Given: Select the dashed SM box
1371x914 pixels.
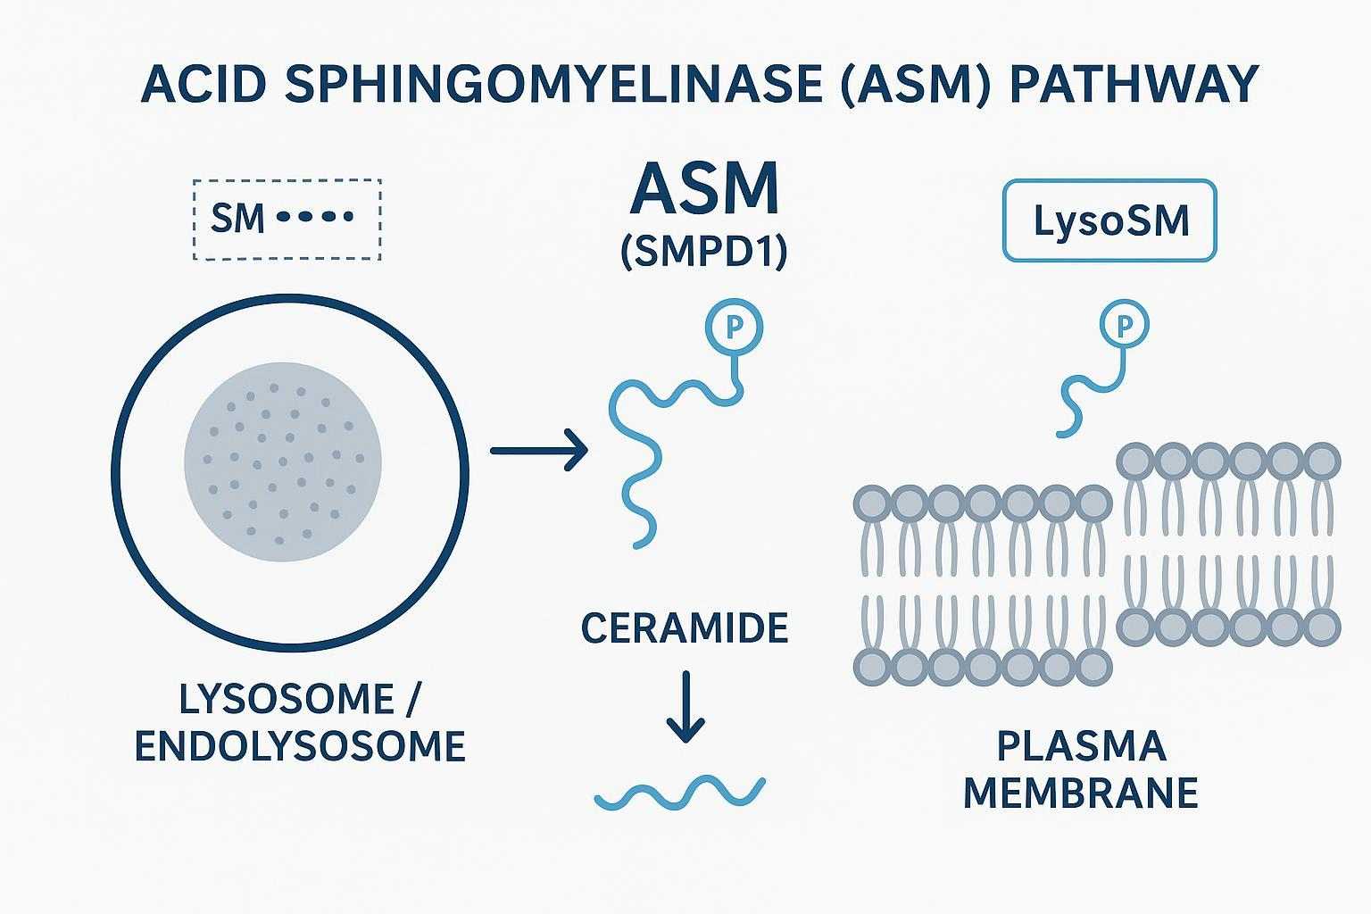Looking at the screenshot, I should tap(287, 220).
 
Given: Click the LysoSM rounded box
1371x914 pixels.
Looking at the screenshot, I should tap(1109, 220).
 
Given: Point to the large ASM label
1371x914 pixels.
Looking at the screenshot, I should tap(703, 189).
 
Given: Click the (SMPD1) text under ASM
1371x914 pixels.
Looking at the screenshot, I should tap(703, 253).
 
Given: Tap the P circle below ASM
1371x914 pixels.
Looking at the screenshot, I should tap(735, 328).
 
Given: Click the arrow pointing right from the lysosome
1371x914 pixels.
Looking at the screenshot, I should tap(538, 450).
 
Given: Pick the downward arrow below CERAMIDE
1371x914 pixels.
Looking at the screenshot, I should tap(685, 707).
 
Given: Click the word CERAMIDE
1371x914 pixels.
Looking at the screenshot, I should tap(685, 629).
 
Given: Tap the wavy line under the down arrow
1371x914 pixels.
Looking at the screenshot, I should tap(680, 792).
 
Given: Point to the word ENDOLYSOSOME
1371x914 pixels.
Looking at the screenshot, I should tap(300, 746).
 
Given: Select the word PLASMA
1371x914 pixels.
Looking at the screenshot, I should tap(1081, 746).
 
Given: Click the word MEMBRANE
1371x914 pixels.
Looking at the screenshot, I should tap(1080, 793).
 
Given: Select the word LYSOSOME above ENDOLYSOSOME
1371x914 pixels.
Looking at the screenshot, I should tap(286, 699).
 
